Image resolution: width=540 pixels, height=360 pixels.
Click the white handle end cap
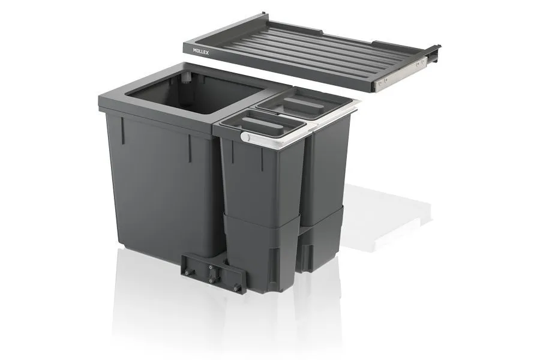pos(245,138)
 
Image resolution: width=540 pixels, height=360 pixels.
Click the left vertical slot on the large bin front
pos(123,128)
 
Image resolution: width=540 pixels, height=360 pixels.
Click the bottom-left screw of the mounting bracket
pos(186,274)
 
